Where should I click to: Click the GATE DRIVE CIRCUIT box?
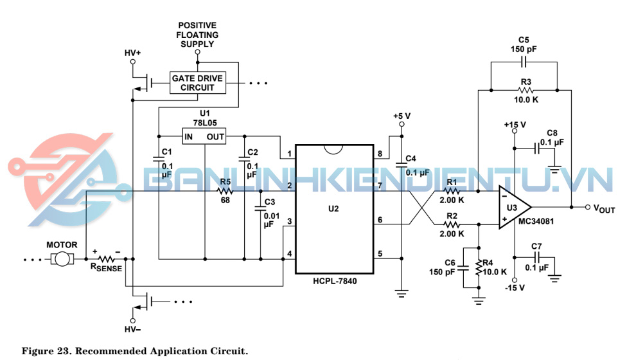(x=198, y=83)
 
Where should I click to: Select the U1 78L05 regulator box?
(x=204, y=137)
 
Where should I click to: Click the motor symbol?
(x=62, y=258)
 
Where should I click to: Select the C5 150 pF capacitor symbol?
(x=524, y=62)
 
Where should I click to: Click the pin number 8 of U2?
(x=380, y=154)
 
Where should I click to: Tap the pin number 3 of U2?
(x=290, y=222)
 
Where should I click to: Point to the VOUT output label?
(x=605, y=208)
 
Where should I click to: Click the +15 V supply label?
(x=515, y=125)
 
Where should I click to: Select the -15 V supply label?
(x=515, y=287)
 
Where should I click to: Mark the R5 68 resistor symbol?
(x=225, y=191)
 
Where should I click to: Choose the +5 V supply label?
(x=402, y=116)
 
